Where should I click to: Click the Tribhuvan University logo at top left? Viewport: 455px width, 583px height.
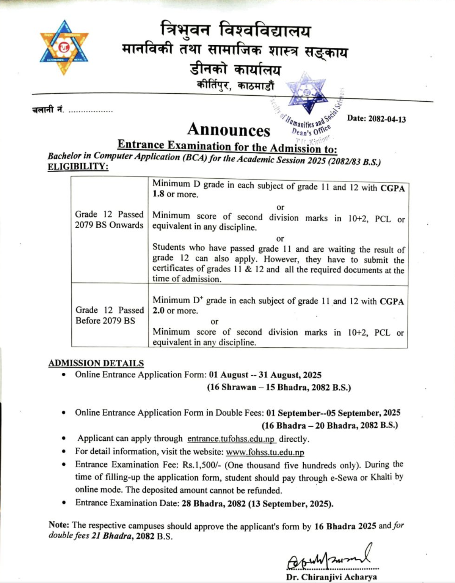click(x=64, y=47)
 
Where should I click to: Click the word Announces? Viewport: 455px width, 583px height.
click(x=229, y=129)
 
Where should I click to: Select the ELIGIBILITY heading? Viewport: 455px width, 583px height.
click(x=78, y=167)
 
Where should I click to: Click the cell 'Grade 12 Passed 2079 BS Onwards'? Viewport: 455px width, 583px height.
click(x=109, y=220)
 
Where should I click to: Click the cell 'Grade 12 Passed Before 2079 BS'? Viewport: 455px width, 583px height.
click(x=109, y=315)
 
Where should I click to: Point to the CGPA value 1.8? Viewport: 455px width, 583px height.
click(x=158, y=194)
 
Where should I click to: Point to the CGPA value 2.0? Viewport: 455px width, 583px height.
click(x=158, y=310)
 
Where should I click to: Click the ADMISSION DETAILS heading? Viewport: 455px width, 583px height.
click(x=96, y=363)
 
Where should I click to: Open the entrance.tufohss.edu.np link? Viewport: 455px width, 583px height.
click(x=231, y=439)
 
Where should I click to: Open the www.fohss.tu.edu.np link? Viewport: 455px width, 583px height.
click(x=265, y=452)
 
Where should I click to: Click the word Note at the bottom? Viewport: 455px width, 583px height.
click(x=59, y=525)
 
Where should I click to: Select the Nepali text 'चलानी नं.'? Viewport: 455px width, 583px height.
click(x=48, y=110)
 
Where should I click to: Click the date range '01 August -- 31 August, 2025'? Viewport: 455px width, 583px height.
click(x=265, y=375)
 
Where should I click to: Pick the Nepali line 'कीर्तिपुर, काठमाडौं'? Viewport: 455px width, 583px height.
click(x=235, y=86)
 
